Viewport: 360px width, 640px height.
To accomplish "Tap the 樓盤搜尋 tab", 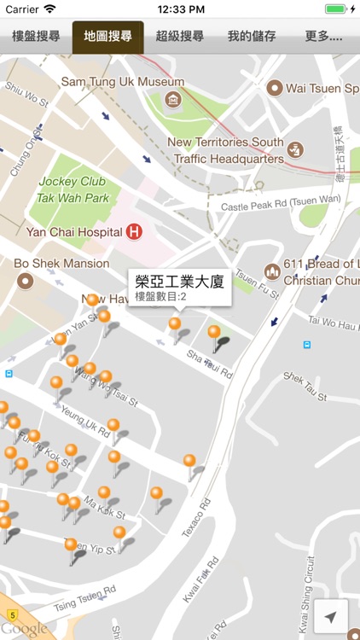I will coord(36,37).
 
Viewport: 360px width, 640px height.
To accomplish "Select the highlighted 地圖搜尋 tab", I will coord(107,37).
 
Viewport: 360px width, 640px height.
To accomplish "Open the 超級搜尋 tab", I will coord(179,37).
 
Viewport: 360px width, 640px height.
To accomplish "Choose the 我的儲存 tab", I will coord(252,37).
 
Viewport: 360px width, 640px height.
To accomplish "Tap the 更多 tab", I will coord(323,37).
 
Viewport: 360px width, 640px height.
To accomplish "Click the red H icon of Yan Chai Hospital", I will coord(134,231).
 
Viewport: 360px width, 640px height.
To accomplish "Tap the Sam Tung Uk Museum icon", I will coord(174,99).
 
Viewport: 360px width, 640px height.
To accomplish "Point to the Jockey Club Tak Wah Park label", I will coord(73,189).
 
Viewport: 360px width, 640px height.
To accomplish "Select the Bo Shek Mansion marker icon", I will coord(26,280).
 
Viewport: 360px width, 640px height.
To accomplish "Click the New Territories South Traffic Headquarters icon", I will coord(295,150).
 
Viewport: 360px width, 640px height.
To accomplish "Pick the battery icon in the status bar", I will coord(336,9).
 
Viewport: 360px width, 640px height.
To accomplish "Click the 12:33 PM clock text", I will coord(180,9).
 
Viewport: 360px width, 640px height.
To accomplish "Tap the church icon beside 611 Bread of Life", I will coord(273,272).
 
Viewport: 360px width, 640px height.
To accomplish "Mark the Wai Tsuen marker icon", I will coord(275,88).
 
